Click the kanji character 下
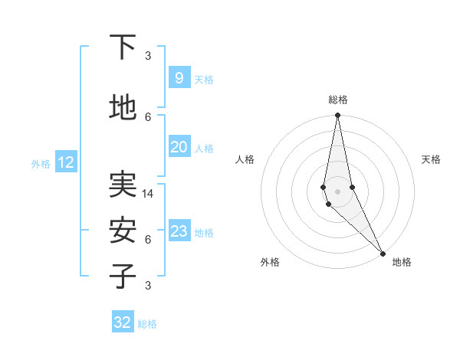[123, 47]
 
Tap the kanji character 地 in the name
[123, 108]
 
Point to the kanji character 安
[123, 230]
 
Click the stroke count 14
[148, 194]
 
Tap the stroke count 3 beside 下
[148, 55]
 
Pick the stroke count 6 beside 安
[148, 239]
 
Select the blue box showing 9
[179, 78]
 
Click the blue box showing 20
[179, 147]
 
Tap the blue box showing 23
[179, 231]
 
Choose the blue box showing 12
[66, 162]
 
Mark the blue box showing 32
[123, 322]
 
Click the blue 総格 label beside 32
[147, 324]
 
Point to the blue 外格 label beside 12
[41, 163]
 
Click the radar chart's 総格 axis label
[337, 100]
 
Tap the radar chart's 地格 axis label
[402, 262]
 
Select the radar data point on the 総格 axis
[337, 116]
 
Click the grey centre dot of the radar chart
[337, 191]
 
